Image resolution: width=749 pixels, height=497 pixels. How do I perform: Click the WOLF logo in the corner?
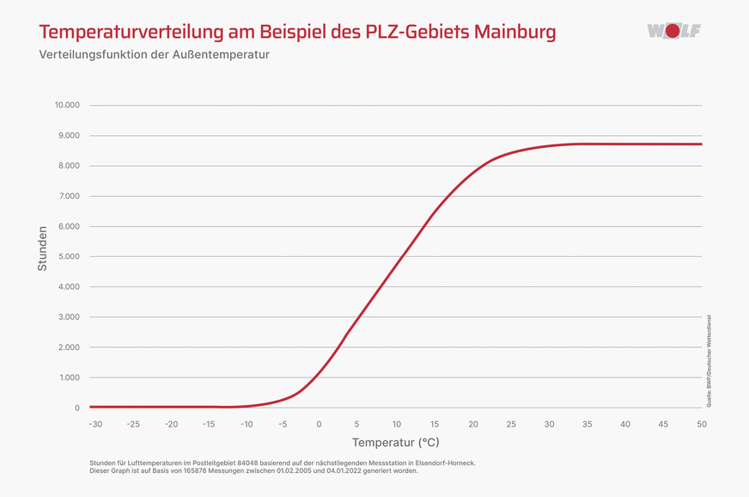tap(673, 31)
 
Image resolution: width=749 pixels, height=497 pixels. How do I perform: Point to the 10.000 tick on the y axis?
tap(66, 105)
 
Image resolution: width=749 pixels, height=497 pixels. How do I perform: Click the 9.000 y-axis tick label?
tap(68, 136)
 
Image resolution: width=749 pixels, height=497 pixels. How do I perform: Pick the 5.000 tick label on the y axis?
tap(68, 256)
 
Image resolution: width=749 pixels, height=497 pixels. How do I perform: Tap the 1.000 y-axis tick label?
tap(68, 377)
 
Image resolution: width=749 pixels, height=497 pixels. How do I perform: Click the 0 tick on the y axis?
tap(76, 408)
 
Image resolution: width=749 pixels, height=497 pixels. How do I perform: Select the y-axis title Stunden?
tap(42, 248)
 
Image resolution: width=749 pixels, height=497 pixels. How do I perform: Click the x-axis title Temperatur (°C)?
tap(395, 443)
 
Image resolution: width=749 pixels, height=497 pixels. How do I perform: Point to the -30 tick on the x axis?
tap(94, 424)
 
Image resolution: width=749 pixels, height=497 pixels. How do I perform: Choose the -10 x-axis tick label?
tap(247, 424)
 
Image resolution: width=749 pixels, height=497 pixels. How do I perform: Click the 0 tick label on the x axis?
tap(319, 424)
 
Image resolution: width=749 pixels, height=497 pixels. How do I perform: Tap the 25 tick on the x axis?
tap(510, 424)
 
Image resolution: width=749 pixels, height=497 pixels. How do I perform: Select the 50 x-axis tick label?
tap(702, 424)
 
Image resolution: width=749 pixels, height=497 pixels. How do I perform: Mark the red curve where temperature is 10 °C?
tap(395, 266)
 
